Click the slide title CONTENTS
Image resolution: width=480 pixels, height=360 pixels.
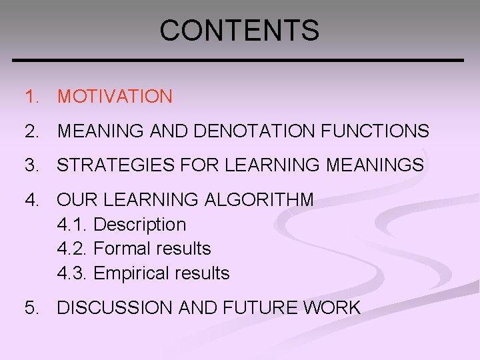[239, 30]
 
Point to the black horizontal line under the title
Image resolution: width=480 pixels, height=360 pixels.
[239, 61]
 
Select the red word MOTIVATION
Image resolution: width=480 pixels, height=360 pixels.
[115, 97]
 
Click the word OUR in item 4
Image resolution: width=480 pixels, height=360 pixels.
[75, 199]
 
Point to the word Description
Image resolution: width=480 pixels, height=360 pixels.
[139, 225]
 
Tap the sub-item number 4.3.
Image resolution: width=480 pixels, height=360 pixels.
[72, 273]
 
